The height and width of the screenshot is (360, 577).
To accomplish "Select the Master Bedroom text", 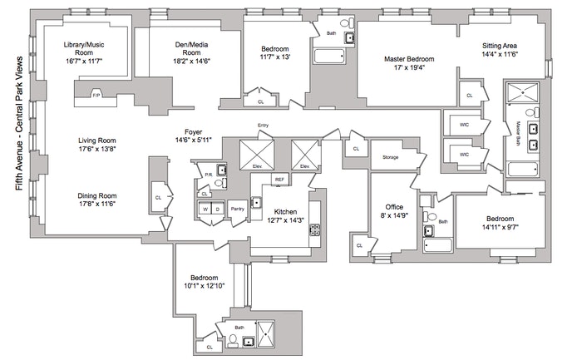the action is point(410,59).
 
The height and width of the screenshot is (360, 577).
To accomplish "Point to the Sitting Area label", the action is point(502,47).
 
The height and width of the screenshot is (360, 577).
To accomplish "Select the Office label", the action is point(394,206).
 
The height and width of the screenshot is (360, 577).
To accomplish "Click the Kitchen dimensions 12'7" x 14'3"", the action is point(284,221).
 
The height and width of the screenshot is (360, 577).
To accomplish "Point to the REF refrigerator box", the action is point(280,179).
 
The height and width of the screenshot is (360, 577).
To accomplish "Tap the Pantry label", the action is point(236,209).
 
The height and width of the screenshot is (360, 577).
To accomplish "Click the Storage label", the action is point(391,157).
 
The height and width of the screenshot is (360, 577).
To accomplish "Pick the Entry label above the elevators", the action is point(264,126).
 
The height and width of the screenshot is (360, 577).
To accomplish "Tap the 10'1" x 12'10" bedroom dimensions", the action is point(204,286).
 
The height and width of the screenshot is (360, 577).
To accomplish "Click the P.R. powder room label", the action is point(208,175).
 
